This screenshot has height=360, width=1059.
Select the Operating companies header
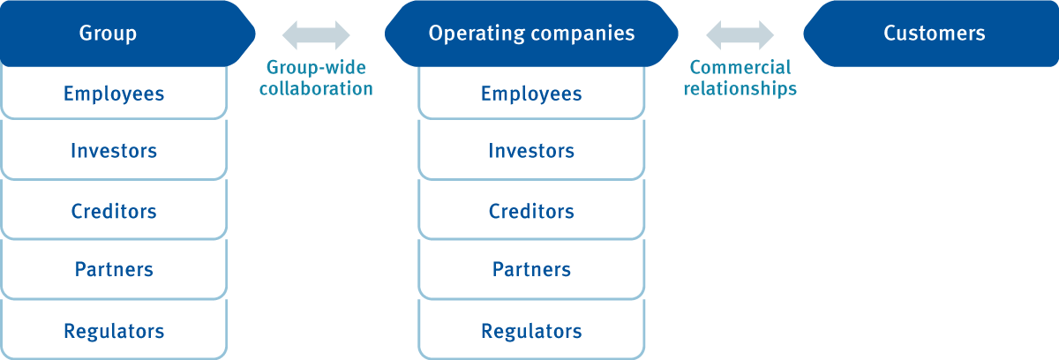[531, 34]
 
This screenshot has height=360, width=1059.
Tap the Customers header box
[934, 34]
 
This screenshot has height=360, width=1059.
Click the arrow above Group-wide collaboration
[316, 34]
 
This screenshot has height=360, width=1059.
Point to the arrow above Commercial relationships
[740, 34]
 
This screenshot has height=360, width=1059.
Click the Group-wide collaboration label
[316, 78]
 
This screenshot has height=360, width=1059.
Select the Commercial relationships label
[740, 78]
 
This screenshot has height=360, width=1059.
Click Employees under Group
[114, 94]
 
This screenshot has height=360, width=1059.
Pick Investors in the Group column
[114, 151]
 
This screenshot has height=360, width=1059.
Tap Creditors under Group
[114, 212]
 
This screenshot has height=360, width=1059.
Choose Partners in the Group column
[114, 269]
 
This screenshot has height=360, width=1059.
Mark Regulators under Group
[114, 332]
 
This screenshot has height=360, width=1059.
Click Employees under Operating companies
[531, 94]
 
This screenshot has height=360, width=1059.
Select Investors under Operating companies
[531, 151]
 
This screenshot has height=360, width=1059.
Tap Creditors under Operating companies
[531, 212]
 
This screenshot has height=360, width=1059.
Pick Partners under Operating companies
[531, 269]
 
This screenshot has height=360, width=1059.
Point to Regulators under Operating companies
[531, 332]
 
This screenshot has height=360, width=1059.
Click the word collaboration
[316, 89]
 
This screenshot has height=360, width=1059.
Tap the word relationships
[740, 89]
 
